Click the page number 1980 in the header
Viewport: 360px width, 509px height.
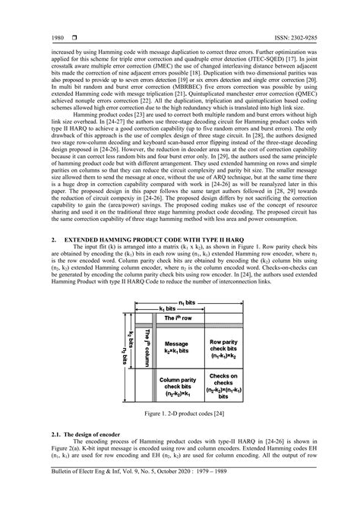[57, 37]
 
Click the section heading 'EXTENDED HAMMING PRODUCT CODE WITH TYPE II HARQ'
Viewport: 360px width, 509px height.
[150, 238]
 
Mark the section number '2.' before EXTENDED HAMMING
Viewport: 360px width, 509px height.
[55, 238]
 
